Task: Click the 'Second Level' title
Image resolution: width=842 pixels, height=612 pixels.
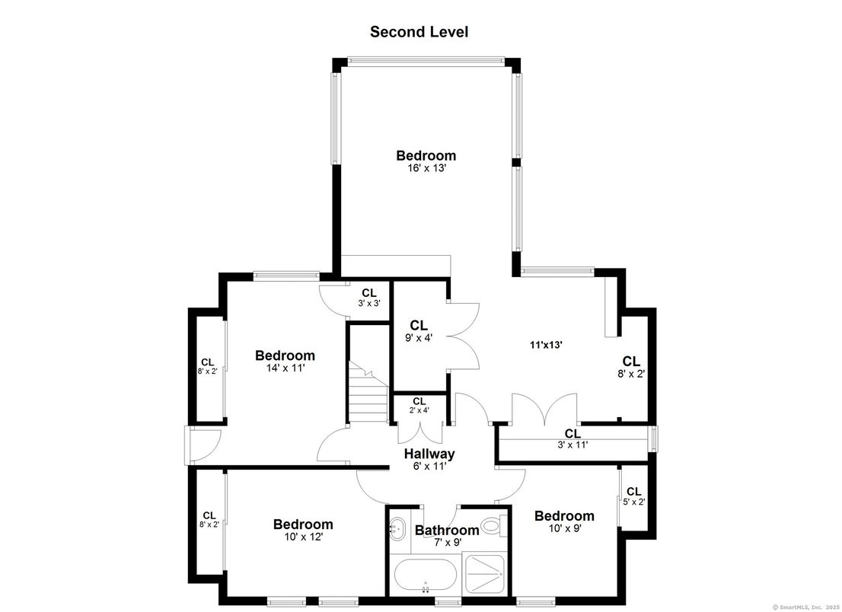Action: (419, 32)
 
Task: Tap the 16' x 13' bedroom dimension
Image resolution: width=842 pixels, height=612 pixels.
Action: (426, 168)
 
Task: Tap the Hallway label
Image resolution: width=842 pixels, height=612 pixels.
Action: (429, 454)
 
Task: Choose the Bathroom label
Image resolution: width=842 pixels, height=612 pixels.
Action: (447, 531)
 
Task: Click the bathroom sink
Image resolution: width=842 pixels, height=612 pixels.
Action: (398, 528)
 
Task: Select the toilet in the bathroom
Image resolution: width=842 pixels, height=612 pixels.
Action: (492, 525)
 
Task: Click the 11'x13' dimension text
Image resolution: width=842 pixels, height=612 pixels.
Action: (546, 345)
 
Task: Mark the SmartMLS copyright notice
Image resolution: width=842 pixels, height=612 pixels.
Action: (805, 607)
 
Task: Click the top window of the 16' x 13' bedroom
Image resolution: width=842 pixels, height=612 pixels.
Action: (426, 59)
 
